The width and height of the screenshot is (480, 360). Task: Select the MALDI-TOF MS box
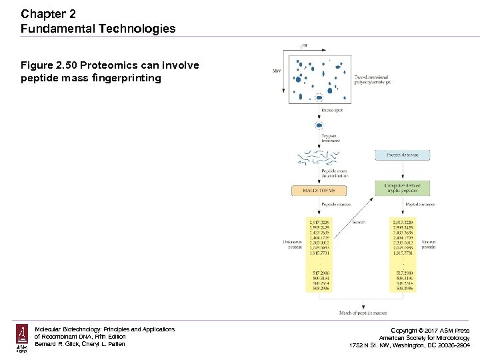point(319,191)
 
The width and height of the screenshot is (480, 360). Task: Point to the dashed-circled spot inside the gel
point(319,97)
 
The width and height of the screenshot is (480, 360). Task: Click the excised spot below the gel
point(319,125)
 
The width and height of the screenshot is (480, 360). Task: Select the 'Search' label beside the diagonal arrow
point(359,221)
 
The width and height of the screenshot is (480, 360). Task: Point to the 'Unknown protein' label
point(294,244)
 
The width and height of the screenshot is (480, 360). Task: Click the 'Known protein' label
point(428,244)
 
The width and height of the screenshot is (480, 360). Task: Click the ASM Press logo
point(22,338)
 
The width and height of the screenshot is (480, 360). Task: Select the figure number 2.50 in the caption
point(64,65)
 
